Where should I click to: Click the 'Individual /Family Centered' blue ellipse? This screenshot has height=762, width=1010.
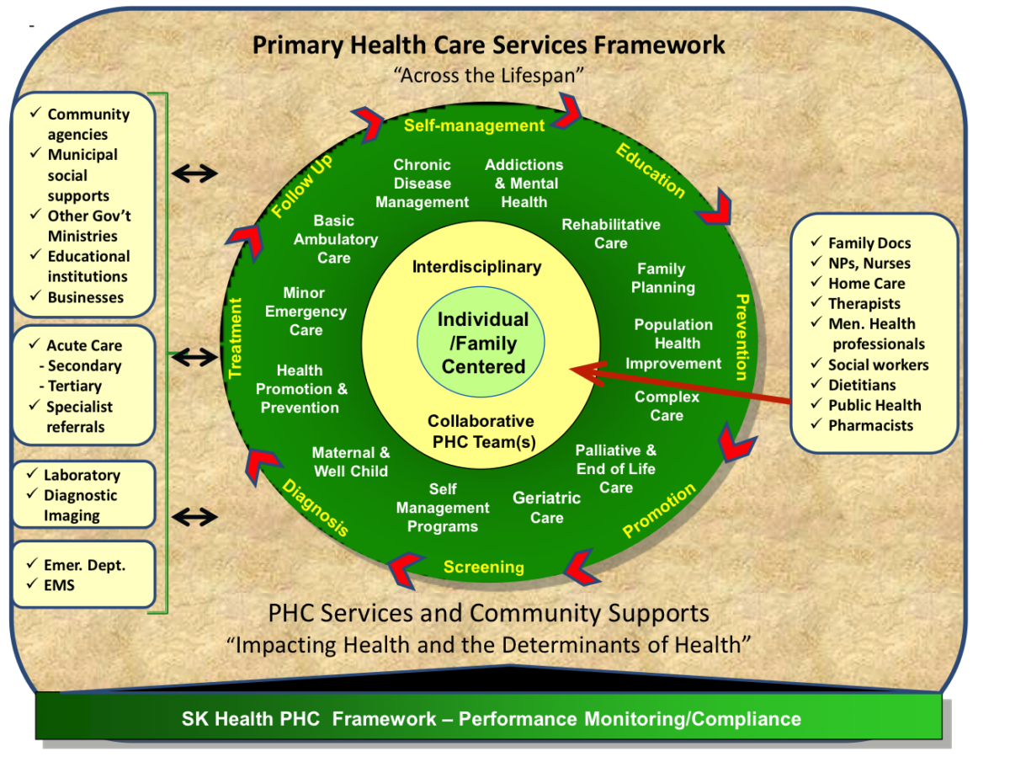[483, 343]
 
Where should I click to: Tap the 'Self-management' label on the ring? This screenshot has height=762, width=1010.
[474, 125]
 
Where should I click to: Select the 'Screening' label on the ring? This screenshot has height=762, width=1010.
[483, 567]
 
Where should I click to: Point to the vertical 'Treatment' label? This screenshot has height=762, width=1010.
[237, 337]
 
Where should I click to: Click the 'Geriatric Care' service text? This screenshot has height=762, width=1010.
[546, 508]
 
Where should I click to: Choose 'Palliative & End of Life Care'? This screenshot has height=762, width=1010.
[616, 469]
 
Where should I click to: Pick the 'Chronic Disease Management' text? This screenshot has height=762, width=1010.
[422, 184]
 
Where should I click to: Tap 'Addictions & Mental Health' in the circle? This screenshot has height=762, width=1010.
[524, 184]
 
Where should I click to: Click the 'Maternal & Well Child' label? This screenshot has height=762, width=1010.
[351, 462]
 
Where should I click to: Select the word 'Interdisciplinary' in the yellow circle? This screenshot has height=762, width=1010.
[476, 267]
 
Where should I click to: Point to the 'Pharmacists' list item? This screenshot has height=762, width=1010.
[869, 425]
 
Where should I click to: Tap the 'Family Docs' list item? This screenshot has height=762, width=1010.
[869, 243]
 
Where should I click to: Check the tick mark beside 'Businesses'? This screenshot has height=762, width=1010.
[35, 296]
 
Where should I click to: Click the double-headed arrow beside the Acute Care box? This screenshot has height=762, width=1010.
[194, 358]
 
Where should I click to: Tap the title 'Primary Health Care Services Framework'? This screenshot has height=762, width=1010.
[488, 45]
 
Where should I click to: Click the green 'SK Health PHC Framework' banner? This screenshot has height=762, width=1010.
[491, 718]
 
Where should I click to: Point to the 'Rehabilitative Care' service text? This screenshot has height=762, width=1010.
[611, 234]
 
